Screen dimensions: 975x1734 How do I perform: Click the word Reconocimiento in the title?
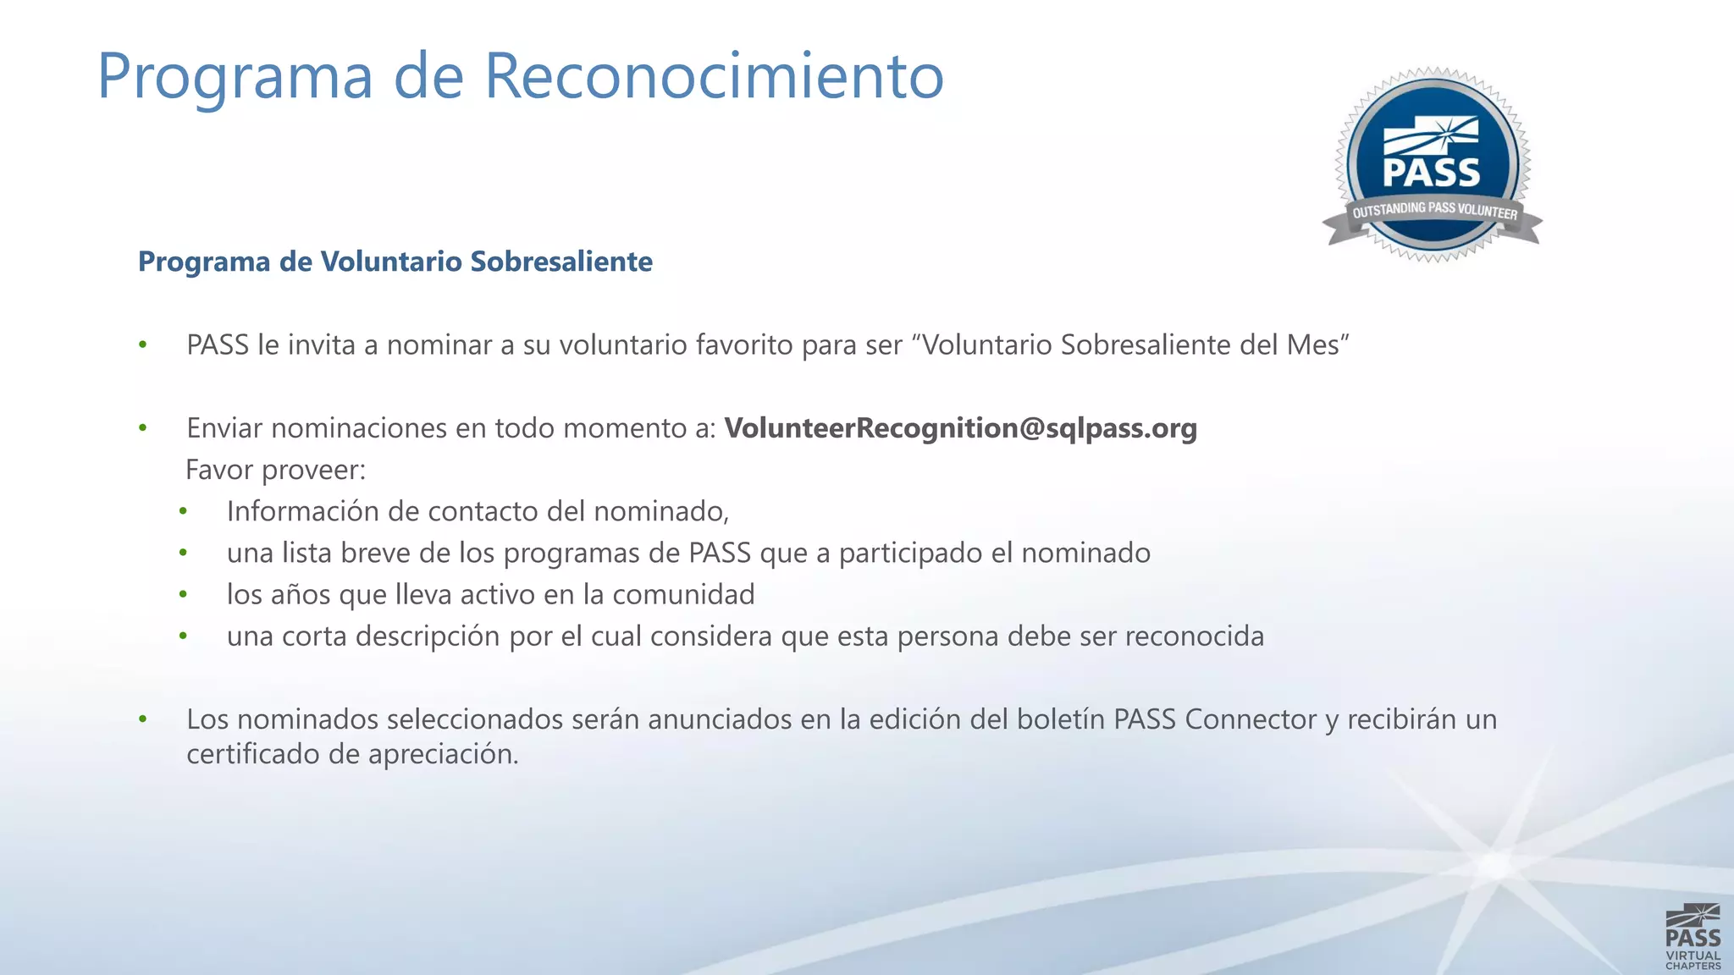pos(714,76)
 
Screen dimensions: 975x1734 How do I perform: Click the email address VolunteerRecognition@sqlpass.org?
pos(960,428)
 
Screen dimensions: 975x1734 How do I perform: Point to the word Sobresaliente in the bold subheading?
pos(561,262)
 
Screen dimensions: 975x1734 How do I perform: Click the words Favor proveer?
pos(276,470)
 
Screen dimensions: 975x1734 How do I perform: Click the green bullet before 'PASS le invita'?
pos(143,345)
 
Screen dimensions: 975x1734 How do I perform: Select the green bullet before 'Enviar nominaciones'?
pos(143,428)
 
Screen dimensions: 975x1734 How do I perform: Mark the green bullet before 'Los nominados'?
pos(143,719)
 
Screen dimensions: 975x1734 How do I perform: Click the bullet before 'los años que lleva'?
pos(183,595)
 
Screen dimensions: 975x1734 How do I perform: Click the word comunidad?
pos(683,595)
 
